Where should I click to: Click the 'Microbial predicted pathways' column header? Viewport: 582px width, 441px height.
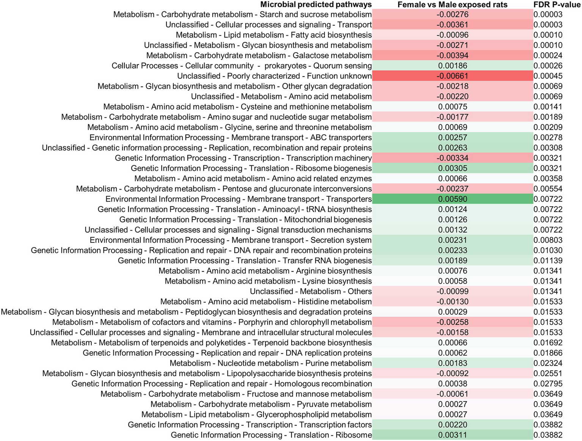point(315,5)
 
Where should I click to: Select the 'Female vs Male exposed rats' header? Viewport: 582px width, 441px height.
point(452,5)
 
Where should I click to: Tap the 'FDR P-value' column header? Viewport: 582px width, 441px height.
point(557,5)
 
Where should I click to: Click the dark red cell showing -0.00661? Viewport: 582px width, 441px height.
point(452,76)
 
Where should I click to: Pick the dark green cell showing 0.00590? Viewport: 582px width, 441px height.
point(452,199)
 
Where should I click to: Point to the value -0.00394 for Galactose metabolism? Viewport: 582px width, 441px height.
point(452,55)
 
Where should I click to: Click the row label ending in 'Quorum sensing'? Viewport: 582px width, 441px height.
point(242,66)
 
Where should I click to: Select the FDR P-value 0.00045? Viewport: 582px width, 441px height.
point(548,76)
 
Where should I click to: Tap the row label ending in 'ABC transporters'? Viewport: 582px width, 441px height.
point(231,138)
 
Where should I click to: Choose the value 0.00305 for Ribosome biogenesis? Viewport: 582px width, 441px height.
point(452,168)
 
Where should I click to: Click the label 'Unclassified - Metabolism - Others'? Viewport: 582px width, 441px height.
point(311,292)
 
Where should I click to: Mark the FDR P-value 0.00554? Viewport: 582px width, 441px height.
point(548,189)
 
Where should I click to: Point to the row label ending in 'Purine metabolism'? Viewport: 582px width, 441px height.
point(270,363)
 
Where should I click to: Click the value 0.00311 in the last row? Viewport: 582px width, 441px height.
point(452,435)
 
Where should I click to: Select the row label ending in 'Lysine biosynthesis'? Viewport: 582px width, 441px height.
point(268,281)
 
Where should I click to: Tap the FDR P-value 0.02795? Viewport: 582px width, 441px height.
point(548,384)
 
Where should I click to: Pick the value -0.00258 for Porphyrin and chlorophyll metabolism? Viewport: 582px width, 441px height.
point(452,322)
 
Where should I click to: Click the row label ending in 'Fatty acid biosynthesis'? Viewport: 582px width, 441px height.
point(274,35)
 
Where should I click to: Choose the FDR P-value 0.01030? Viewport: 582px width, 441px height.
point(548,250)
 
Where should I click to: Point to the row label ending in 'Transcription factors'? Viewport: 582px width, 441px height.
point(249,425)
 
